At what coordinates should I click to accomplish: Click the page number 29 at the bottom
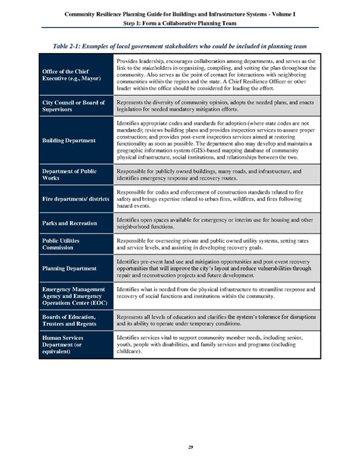[180, 446]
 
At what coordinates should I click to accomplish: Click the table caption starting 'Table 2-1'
[180, 46]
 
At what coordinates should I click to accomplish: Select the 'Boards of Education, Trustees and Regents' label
[72, 321]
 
